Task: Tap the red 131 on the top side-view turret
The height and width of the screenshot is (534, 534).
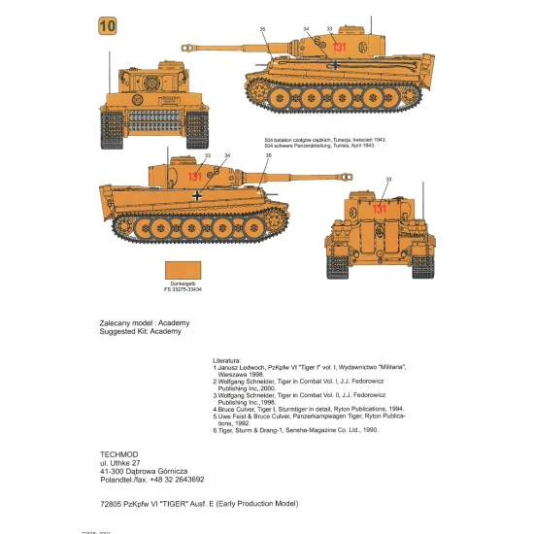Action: (x=339, y=47)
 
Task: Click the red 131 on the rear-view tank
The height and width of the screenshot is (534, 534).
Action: (x=380, y=209)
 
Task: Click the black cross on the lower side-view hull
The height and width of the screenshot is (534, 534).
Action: (x=198, y=196)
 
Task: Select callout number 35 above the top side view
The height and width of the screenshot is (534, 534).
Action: (x=262, y=29)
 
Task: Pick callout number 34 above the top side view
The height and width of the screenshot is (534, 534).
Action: (x=307, y=29)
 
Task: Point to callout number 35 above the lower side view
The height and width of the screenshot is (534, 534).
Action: (x=268, y=155)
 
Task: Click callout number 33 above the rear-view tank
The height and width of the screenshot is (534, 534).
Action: (x=388, y=180)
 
